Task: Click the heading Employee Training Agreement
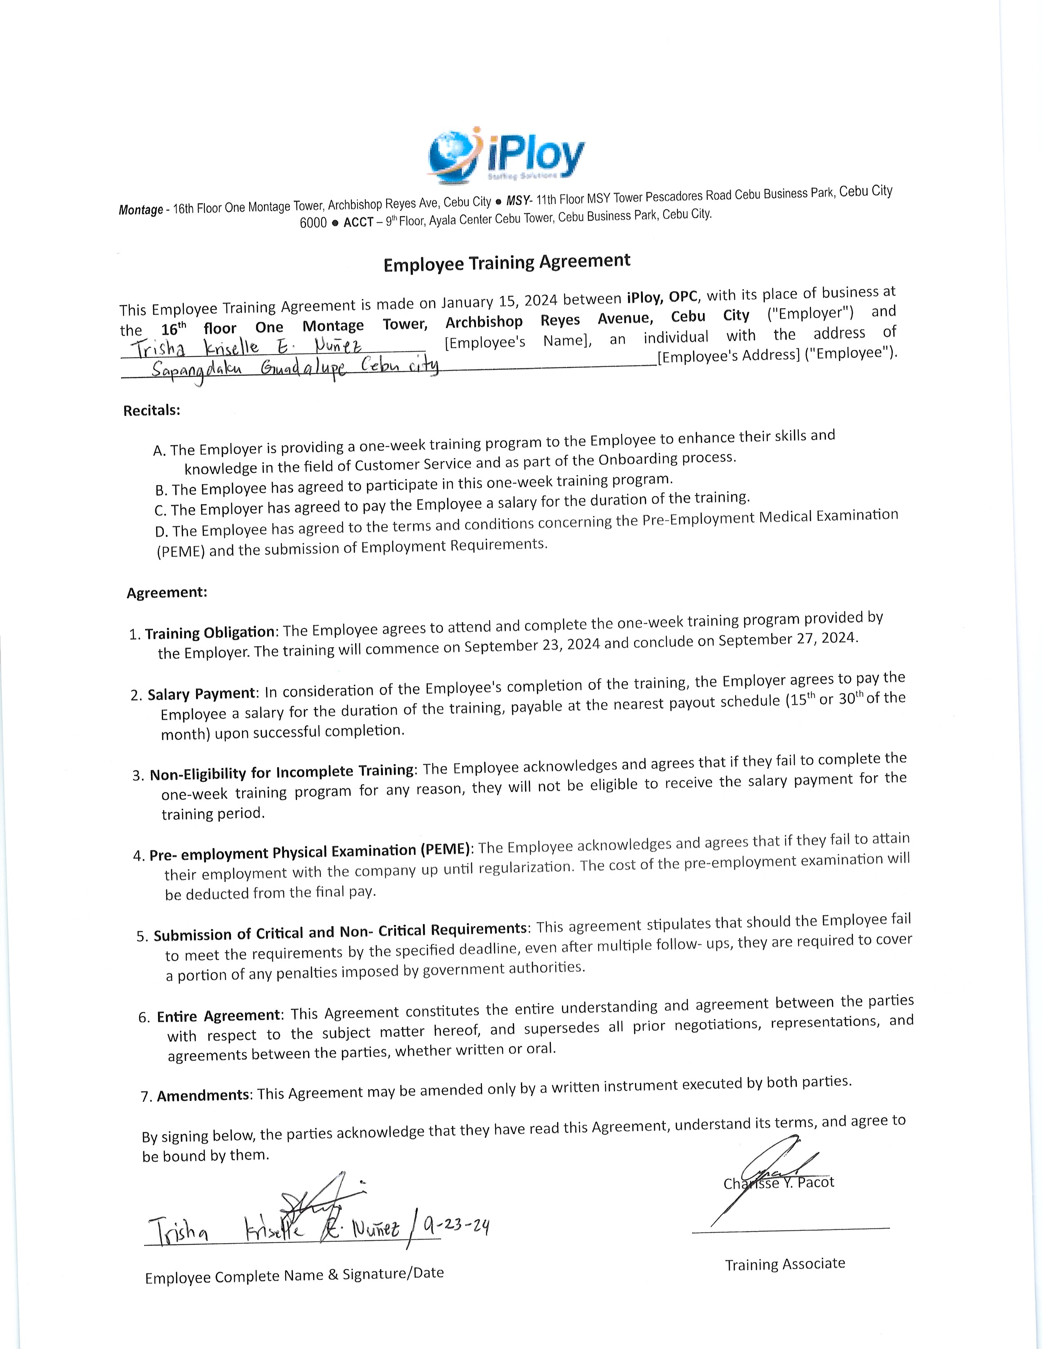point(507,262)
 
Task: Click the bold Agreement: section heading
point(167,593)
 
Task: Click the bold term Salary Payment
point(201,694)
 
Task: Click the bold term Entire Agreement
point(219,1016)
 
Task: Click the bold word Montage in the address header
point(141,210)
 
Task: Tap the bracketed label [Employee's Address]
point(729,356)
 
